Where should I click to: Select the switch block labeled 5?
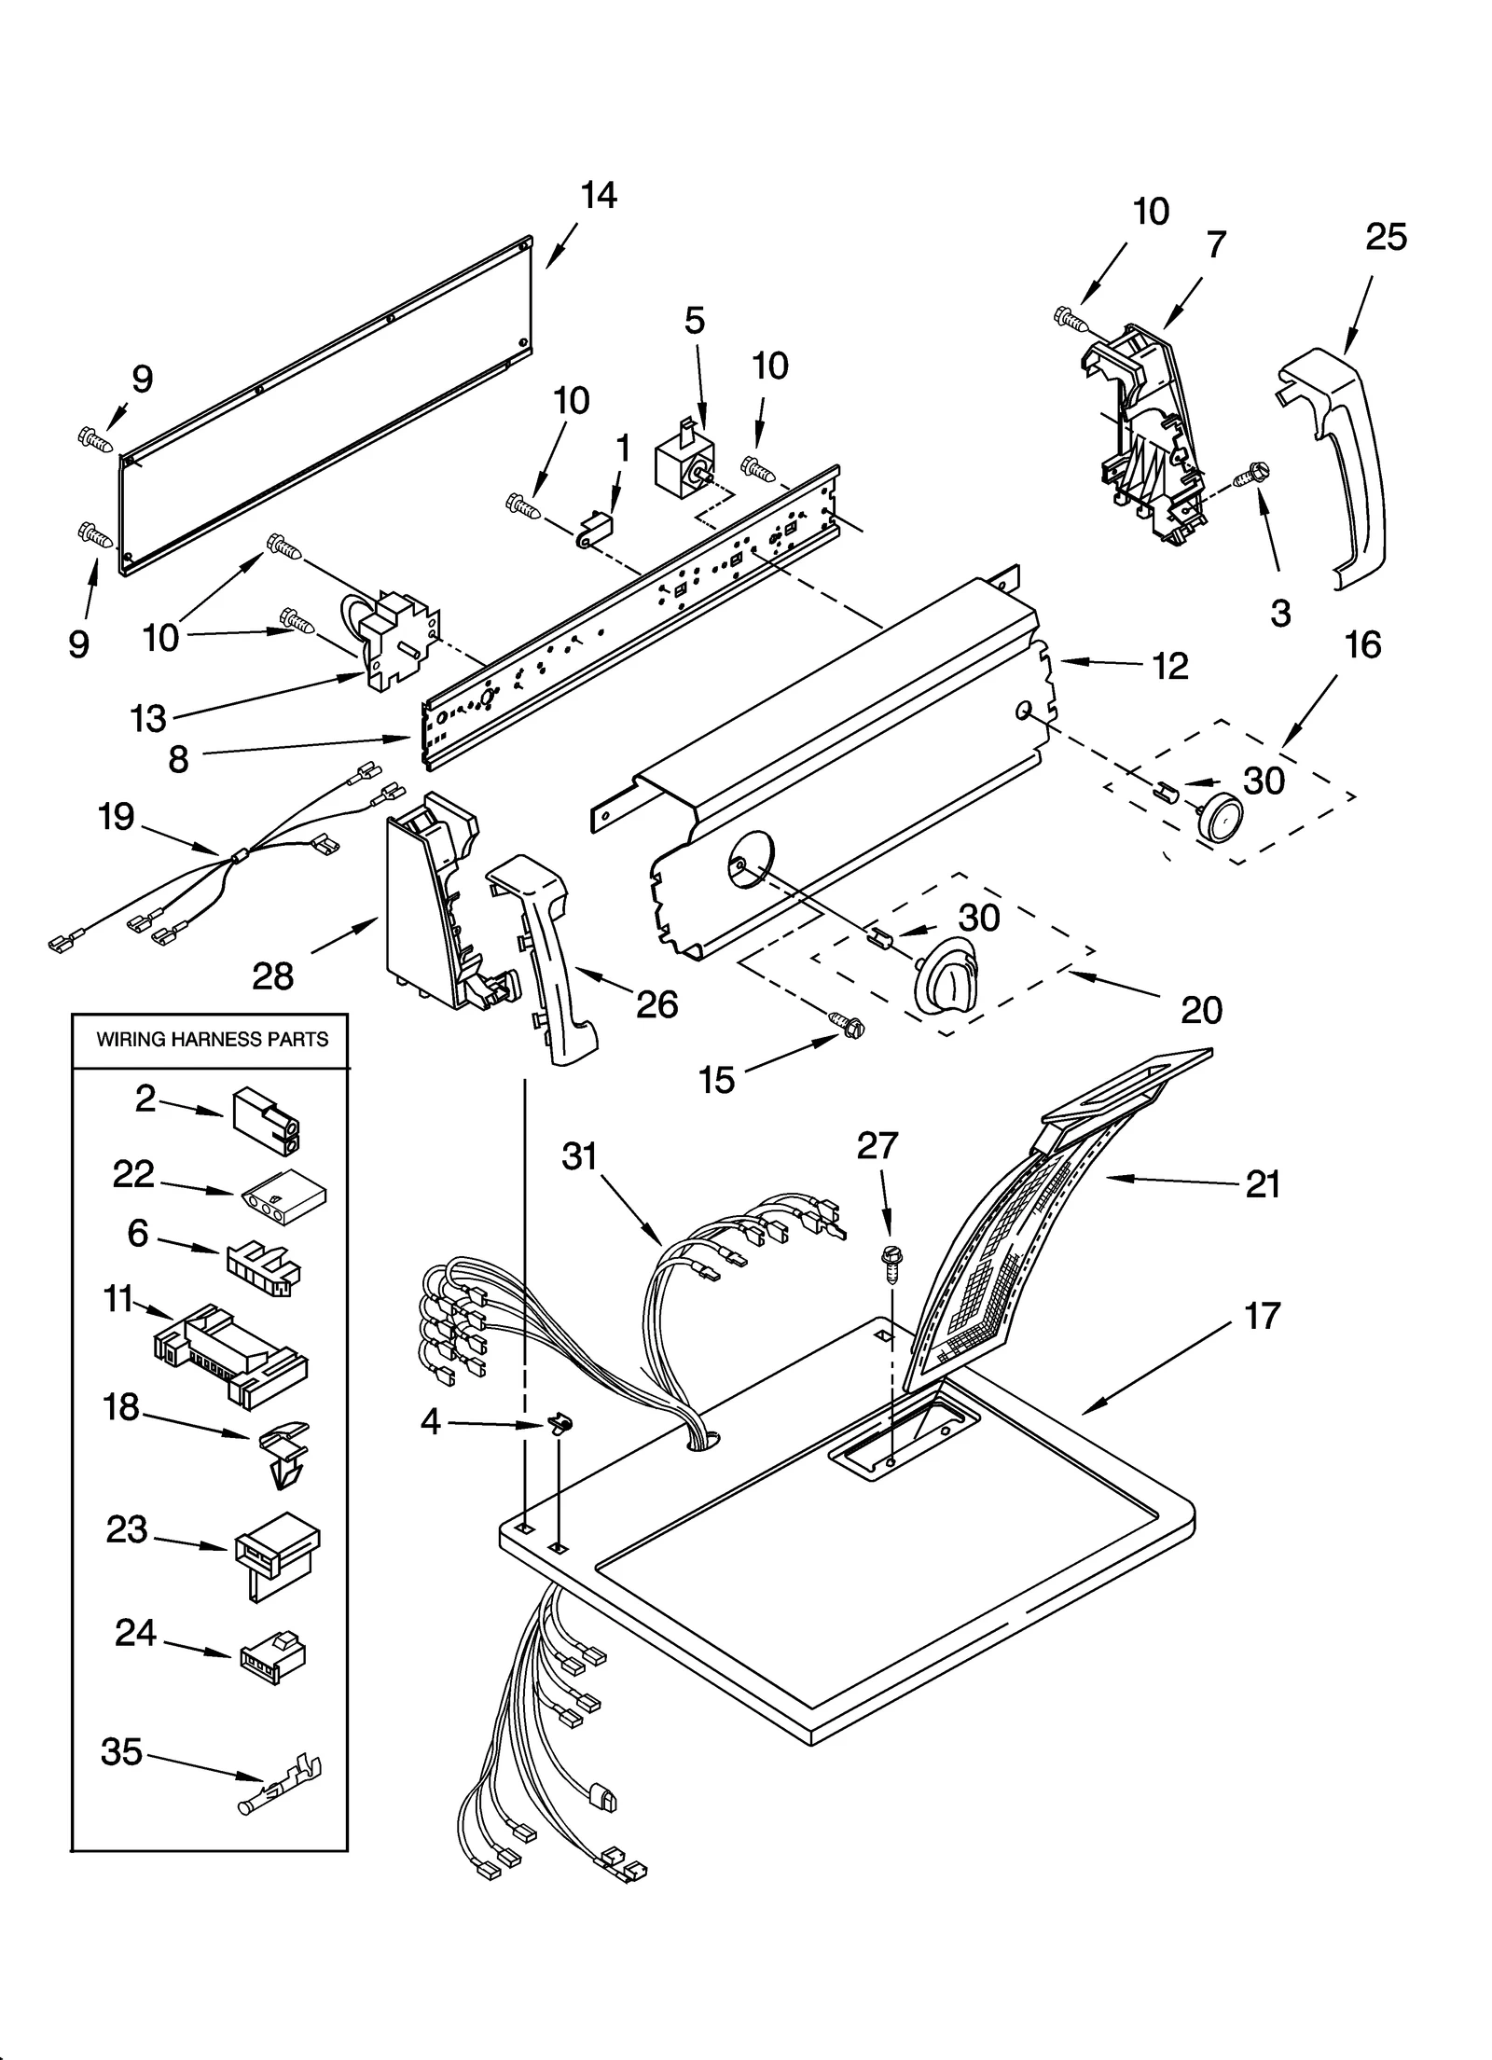pyautogui.click(x=685, y=463)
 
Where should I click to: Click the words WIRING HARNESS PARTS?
pyautogui.click(x=213, y=1039)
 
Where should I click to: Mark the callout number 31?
pyautogui.click(x=578, y=1156)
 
